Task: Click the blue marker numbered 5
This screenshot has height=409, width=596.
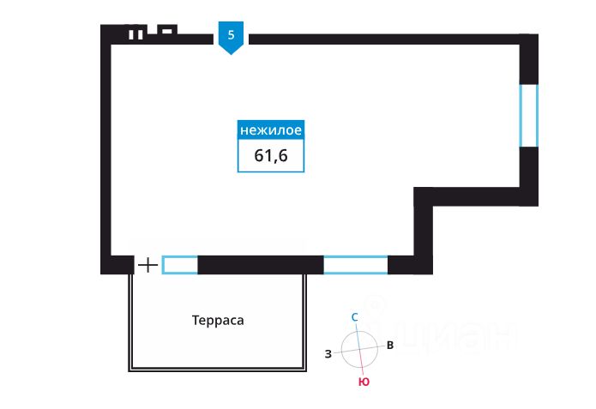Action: point(231,37)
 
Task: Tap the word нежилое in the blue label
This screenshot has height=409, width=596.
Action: point(270,130)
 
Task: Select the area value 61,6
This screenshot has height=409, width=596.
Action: point(270,155)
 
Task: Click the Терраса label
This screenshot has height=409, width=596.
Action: point(218,321)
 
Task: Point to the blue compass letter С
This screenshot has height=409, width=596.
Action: point(356,316)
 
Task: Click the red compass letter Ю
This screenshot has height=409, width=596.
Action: point(364,382)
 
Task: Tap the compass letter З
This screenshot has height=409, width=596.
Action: point(328,353)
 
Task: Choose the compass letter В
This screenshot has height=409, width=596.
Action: point(390,346)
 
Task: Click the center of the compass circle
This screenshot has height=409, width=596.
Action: point(359,349)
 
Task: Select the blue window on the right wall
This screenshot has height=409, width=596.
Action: point(529,115)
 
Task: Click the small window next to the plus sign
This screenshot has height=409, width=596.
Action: point(180,265)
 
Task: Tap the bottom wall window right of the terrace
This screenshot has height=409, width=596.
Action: point(355,265)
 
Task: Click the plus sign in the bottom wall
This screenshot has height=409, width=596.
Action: point(148,265)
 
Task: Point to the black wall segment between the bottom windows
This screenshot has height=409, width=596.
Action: point(260,265)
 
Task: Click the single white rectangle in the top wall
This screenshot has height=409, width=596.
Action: point(167,31)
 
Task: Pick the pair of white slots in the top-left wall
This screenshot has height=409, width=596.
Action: point(135,35)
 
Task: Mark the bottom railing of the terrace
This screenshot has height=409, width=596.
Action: point(218,369)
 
